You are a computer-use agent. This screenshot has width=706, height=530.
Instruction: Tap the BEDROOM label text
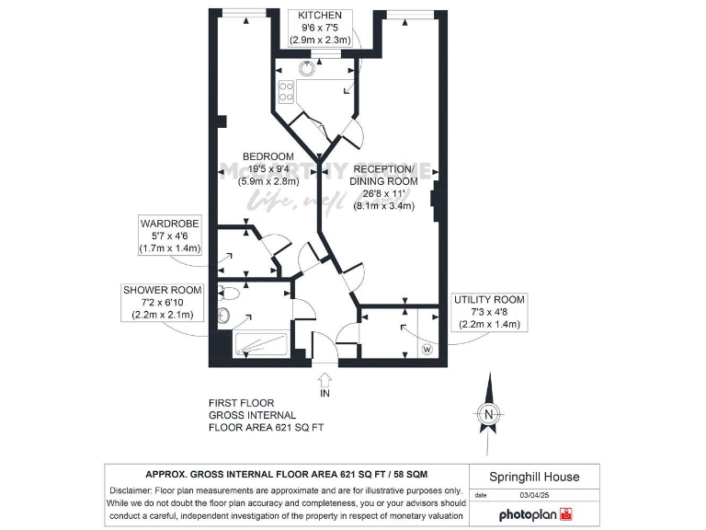268,156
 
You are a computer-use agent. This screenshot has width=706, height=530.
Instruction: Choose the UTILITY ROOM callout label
489,300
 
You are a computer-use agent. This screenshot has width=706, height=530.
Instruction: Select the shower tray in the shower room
262,345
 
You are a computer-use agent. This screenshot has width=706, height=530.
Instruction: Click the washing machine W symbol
427,350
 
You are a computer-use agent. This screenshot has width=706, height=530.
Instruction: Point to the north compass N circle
490,414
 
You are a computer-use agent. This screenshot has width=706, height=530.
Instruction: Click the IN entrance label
325,393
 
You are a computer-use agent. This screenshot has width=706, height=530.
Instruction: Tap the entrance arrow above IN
325,377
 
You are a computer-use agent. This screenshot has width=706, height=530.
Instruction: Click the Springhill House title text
534,477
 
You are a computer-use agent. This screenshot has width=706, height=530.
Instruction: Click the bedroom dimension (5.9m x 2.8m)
268,181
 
